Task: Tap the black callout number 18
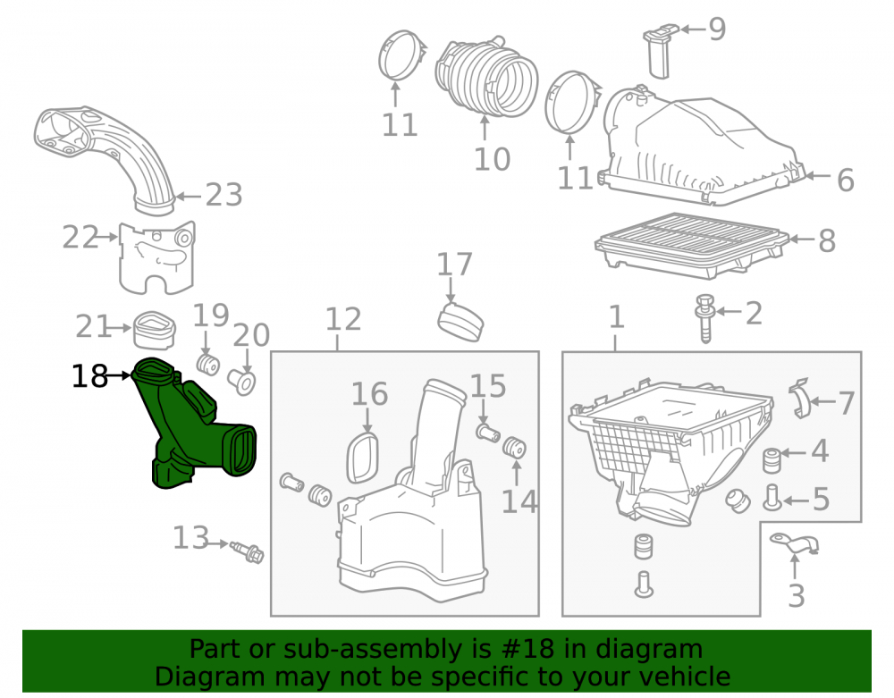click(89, 376)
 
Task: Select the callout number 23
click(224, 196)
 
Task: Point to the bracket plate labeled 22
click(156, 256)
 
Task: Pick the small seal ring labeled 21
click(154, 330)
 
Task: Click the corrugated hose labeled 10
click(485, 74)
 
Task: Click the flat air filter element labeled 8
click(692, 245)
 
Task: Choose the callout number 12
click(343, 319)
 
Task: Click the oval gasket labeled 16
click(363, 458)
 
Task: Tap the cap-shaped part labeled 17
click(460, 322)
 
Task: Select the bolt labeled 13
click(247, 551)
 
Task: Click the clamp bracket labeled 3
click(795, 543)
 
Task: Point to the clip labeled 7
click(800, 399)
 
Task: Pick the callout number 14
click(519, 502)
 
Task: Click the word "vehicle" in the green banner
click(687, 677)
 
